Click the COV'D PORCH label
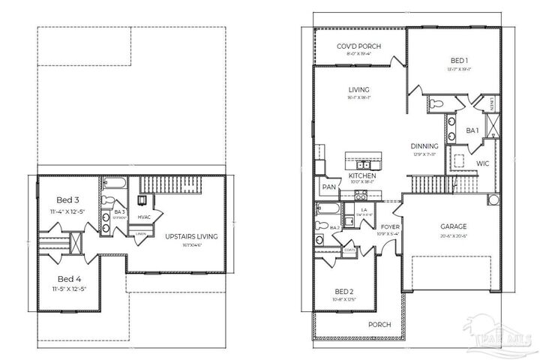tap(358, 46)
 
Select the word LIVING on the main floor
tap(358, 90)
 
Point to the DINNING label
tap(424, 146)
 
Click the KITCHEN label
tap(361, 176)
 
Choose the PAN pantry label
tap(328, 187)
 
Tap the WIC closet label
tap(483, 162)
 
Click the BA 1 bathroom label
tap(472, 130)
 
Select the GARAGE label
tap(453, 226)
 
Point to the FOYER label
tap(390, 226)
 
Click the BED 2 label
tap(345, 291)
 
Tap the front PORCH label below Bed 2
tap(379, 325)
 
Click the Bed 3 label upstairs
tap(68, 200)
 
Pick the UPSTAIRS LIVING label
tap(191, 236)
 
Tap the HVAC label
tap(145, 217)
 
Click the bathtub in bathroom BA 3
tap(114, 182)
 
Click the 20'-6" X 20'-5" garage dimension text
tap(453, 235)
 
